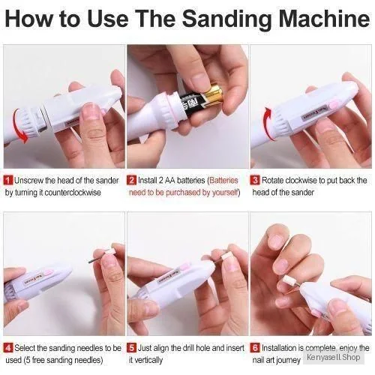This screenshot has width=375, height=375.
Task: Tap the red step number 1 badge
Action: click(x=9, y=180)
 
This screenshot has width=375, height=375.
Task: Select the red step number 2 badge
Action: click(x=132, y=180)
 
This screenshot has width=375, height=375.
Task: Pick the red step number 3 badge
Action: click(x=255, y=180)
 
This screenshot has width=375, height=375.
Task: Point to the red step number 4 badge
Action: click(x=9, y=348)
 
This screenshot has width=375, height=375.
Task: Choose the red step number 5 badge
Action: click(x=132, y=348)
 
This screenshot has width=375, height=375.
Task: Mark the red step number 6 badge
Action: click(x=255, y=348)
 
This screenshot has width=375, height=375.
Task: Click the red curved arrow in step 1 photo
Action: click(x=16, y=125)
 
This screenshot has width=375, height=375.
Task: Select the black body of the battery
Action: click(x=193, y=103)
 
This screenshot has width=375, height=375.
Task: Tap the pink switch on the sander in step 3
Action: click(x=334, y=103)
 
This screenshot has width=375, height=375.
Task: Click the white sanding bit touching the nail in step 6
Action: click(x=288, y=280)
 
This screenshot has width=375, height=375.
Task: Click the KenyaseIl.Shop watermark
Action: click(x=334, y=357)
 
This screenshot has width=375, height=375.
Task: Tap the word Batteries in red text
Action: click(x=223, y=180)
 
